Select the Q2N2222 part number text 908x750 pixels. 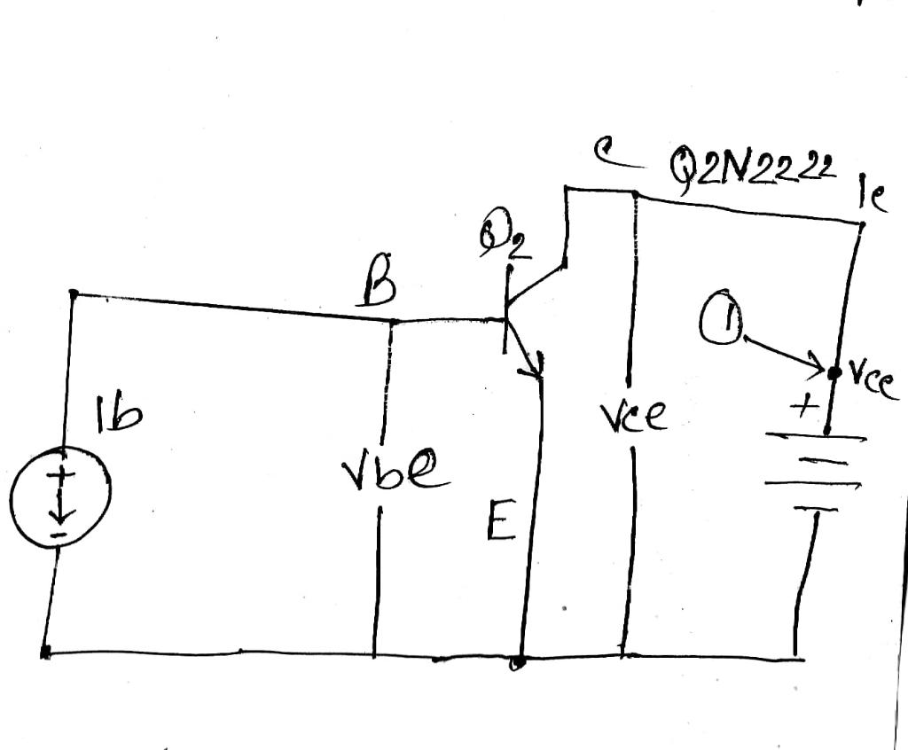coord(754,168)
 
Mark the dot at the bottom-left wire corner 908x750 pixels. coord(45,652)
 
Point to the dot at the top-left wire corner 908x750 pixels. coord(74,293)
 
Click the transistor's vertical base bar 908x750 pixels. coord(506,310)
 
